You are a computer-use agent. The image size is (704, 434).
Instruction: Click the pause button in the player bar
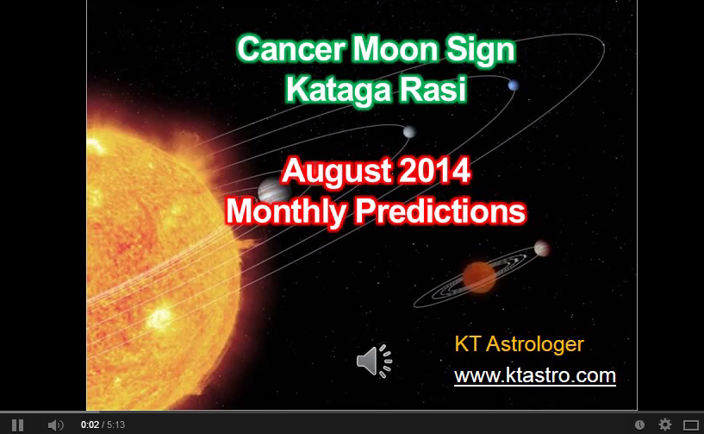coord(17,425)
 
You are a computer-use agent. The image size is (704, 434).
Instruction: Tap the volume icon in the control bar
coord(55,425)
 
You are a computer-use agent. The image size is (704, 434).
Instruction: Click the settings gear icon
coord(664,425)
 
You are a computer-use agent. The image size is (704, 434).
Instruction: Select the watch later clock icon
coord(639,425)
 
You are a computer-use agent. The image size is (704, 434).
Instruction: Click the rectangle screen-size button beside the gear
coord(689,425)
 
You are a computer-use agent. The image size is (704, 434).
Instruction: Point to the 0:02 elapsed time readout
coord(89,425)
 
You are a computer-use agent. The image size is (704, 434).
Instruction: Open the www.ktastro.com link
coord(534,376)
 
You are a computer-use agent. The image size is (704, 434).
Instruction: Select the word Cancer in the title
coord(283,52)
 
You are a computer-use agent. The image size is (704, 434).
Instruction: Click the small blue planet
coord(514,85)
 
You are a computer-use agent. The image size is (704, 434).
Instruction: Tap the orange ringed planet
coord(480,276)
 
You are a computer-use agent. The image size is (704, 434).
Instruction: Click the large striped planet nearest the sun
coord(270,192)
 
